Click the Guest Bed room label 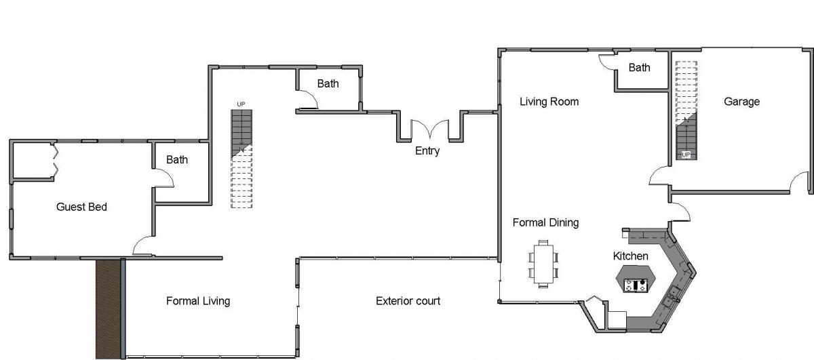(x=81, y=207)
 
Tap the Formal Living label (x=198, y=301)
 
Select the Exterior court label (x=408, y=301)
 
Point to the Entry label (x=427, y=151)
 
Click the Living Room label (x=549, y=101)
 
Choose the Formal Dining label (x=545, y=222)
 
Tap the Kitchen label (x=630, y=256)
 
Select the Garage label (x=741, y=101)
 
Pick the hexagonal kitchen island (x=636, y=279)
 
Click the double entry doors (x=429, y=129)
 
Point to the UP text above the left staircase (x=241, y=104)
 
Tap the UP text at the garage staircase (x=686, y=155)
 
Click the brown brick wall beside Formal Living (x=109, y=308)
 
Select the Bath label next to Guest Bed (x=177, y=159)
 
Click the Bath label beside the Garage (x=639, y=68)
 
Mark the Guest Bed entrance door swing (x=143, y=245)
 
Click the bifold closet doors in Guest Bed (x=55, y=161)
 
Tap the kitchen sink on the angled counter (x=671, y=296)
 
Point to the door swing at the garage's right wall (x=799, y=181)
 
